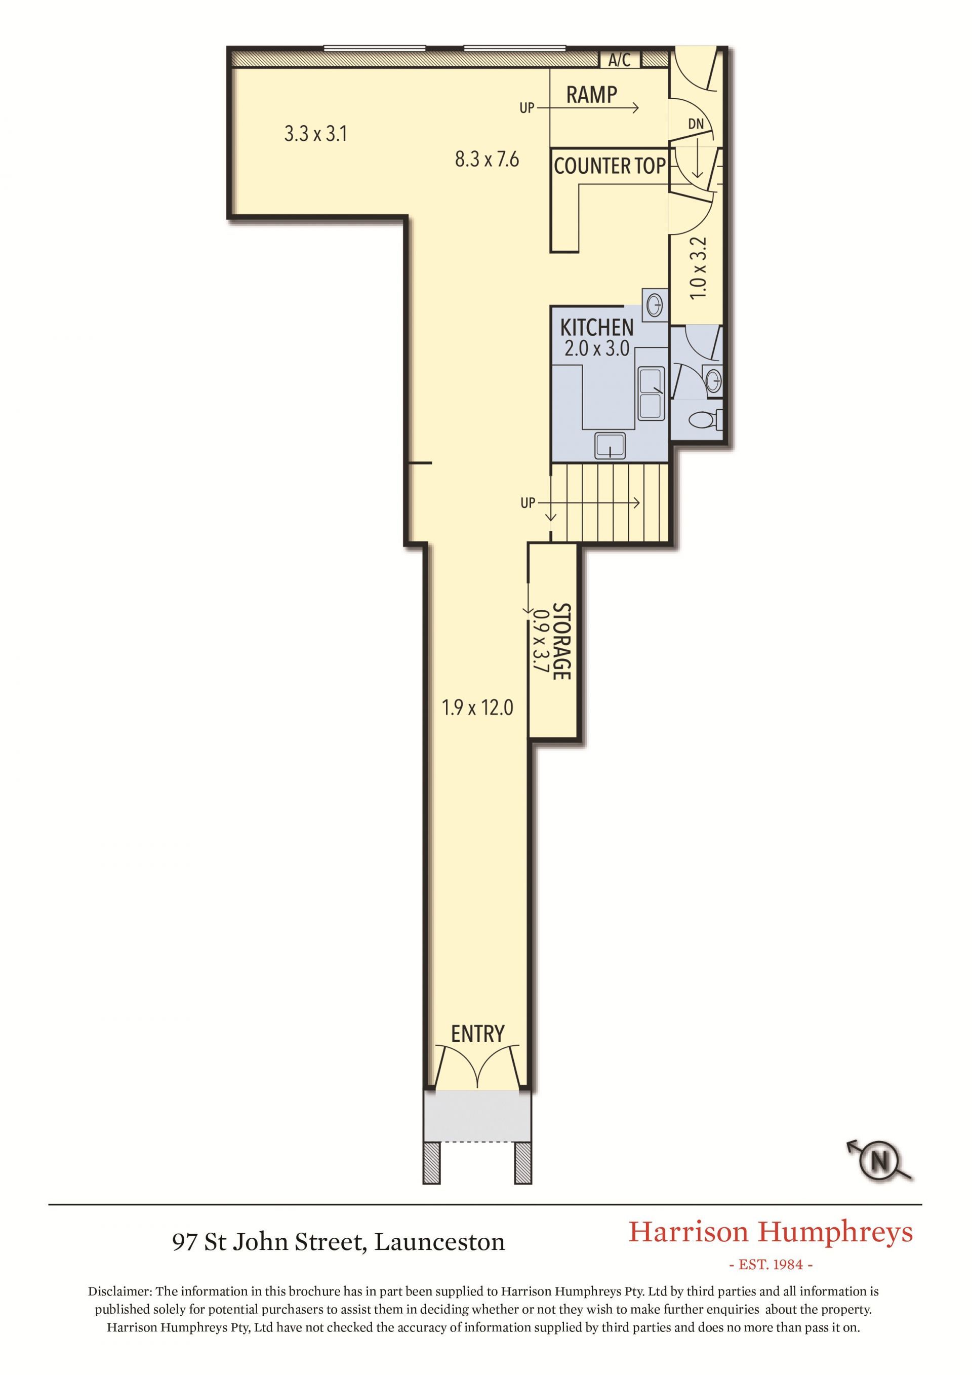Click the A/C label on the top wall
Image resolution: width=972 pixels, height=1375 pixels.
coord(620,60)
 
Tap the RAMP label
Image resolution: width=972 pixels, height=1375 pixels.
coord(591,95)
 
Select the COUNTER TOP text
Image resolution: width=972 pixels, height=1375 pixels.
coord(610,166)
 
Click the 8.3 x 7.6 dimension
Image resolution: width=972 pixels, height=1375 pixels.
coord(487,160)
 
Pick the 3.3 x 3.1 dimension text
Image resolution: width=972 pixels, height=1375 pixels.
coord(315,134)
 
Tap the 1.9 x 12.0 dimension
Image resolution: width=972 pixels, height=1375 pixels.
coord(477,709)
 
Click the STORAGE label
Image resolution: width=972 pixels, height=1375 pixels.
coord(561,641)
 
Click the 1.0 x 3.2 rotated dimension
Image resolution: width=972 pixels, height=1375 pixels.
coord(699,268)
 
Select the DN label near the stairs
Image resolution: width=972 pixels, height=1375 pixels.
coord(696,124)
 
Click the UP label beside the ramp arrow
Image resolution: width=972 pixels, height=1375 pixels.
coord(526,108)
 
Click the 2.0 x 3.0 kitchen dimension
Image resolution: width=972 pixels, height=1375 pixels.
coord(597,348)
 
